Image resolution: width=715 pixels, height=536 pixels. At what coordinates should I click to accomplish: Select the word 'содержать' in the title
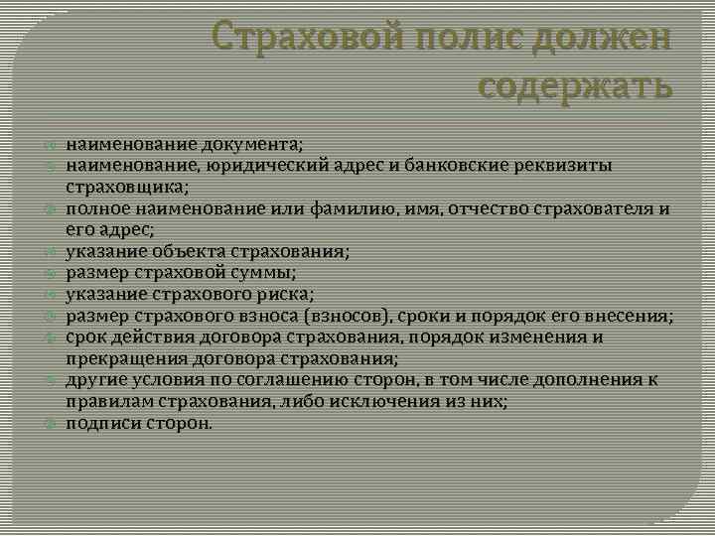click(575, 86)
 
